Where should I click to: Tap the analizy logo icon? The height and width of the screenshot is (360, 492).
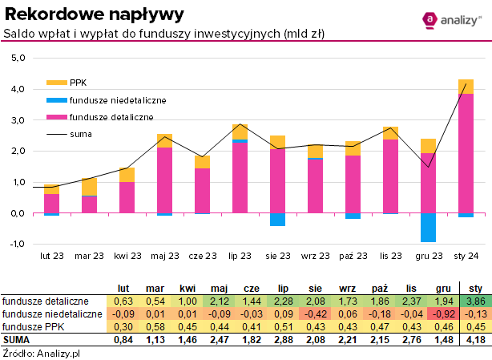coord(430,19)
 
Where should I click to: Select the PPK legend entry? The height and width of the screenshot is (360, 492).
coord(79,83)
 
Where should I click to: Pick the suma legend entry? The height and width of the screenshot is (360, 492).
coord(81,134)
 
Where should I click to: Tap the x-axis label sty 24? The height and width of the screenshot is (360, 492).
coord(466,256)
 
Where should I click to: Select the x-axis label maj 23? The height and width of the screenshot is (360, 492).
coord(164,256)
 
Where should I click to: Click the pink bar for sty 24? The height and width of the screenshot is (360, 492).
coord(466,153)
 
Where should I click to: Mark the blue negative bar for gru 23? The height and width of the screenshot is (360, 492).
coord(428,227)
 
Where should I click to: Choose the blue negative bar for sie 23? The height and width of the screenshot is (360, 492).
coord(277,220)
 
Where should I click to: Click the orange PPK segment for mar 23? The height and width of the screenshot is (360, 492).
coord(89,186)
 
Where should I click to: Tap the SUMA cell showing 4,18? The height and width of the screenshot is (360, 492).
coord(475,339)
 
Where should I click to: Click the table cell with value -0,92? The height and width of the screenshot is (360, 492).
coord(442,313)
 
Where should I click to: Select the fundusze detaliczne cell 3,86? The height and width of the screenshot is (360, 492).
coord(475,301)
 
